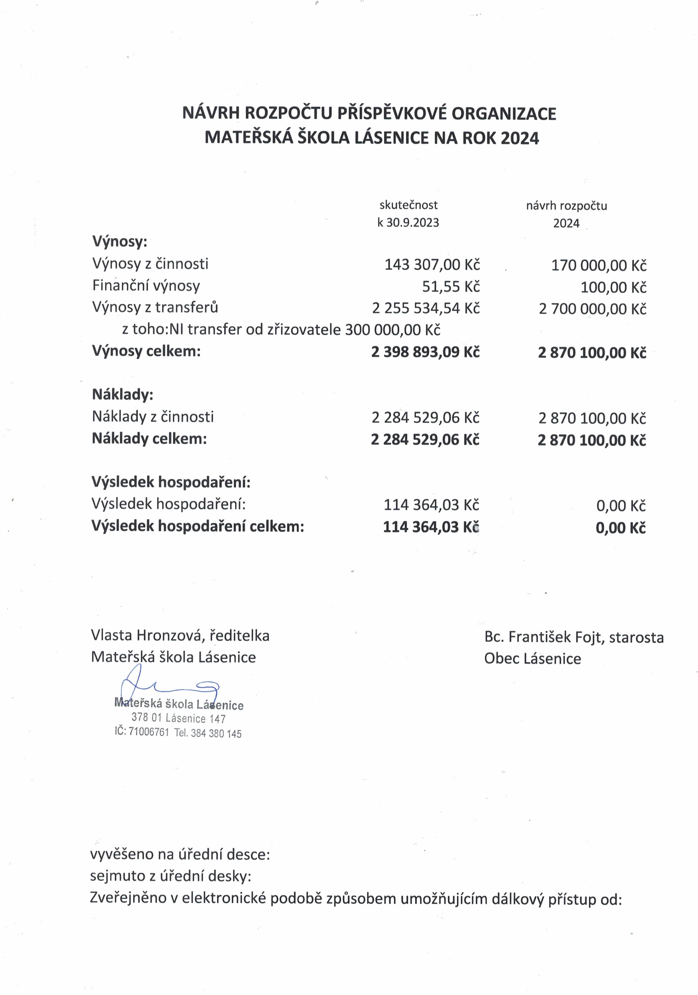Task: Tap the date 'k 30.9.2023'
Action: [408, 222]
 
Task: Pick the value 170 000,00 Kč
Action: [598, 265]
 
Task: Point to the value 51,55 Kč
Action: [451, 286]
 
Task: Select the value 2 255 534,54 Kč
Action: [426, 308]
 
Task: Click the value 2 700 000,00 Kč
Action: [592, 309]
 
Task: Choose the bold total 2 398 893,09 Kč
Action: [425, 352]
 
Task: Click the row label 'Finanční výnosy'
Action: [146, 286]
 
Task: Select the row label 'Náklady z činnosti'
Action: [153, 416]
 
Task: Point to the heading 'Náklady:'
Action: [123, 394]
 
